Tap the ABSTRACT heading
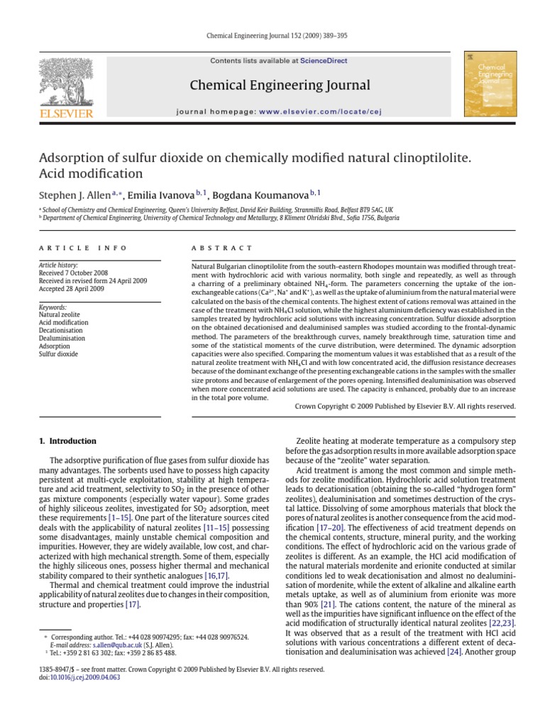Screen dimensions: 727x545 click(222, 248)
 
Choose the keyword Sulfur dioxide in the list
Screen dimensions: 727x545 click(58, 354)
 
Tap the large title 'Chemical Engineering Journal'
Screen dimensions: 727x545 click(280, 86)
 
